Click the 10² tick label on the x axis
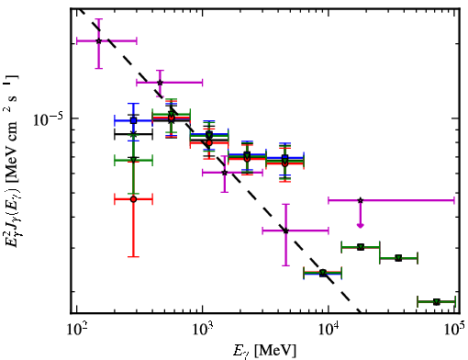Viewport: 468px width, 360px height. [76, 329]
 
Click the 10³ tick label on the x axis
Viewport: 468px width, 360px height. [202, 329]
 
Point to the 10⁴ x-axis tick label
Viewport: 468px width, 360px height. [329, 329]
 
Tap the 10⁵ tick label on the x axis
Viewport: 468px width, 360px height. [455, 329]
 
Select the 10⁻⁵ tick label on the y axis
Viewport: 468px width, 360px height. [47, 119]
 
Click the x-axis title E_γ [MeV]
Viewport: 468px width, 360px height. [264, 351]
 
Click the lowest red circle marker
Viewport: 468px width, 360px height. [133, 199]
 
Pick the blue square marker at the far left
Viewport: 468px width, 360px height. [133, 120]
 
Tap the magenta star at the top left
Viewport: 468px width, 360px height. [98, 40]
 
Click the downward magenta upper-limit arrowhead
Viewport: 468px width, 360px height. [361, 226]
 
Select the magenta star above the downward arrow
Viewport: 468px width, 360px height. [361, 200]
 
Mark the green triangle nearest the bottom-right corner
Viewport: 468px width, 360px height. [437, 302]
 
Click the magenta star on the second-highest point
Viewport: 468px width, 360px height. [160, 83]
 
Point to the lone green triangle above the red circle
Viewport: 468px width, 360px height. [133, 160]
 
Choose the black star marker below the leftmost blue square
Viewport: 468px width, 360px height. [133, 134]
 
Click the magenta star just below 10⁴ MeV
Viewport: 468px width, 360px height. [285, 231]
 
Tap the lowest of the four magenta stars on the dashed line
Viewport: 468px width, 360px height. [285, 231]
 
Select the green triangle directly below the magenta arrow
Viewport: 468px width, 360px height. [361, 247]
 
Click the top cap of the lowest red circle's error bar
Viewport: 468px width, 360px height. [133, 162]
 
